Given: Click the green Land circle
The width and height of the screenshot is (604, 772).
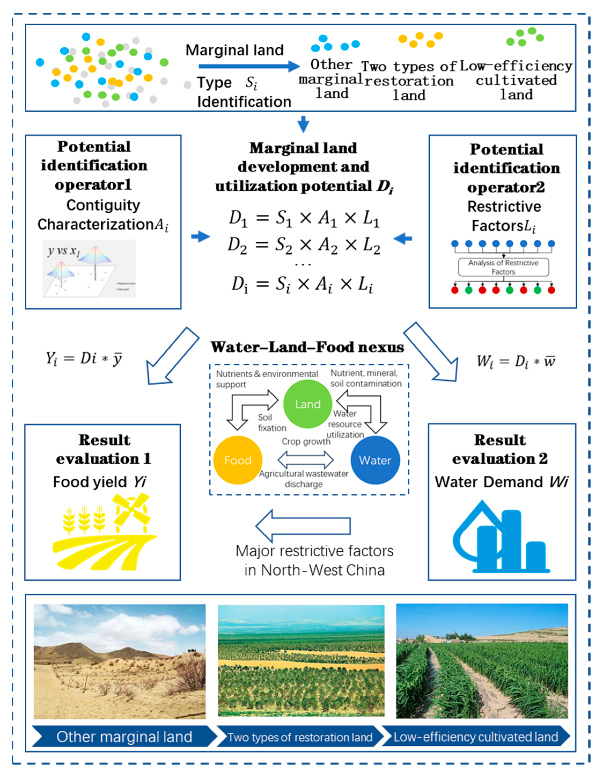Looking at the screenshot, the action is point(308,404).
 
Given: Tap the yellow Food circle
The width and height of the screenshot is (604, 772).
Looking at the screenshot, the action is point(238,460).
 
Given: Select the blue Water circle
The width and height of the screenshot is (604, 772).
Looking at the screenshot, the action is point(375,460).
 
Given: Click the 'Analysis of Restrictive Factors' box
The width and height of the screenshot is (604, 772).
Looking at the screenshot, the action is point(503,267).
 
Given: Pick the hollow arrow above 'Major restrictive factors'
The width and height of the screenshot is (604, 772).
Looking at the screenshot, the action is point(303,526).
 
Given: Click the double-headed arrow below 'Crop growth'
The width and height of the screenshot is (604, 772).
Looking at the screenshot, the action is point(305,460).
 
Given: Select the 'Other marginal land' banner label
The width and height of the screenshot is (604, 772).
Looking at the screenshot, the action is point(124,737).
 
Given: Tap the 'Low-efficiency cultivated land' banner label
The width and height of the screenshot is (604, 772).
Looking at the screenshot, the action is point(476,737).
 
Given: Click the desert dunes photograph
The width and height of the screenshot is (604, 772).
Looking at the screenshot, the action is point(120,662).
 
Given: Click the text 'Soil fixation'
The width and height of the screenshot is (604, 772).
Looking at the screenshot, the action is point(272,423).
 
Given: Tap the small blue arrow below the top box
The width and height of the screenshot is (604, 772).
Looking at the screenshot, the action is point(303,124).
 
